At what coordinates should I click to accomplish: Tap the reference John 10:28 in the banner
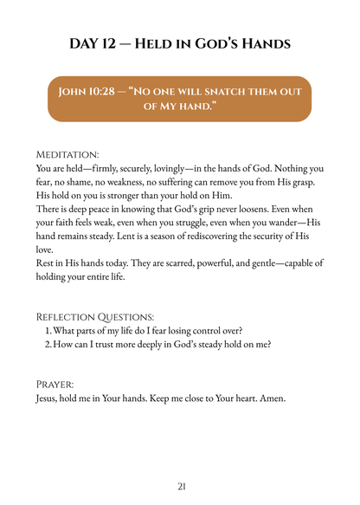pyautogui.click(x=88, y=91)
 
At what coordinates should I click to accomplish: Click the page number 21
pyautogui.click(x=180, y=486)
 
